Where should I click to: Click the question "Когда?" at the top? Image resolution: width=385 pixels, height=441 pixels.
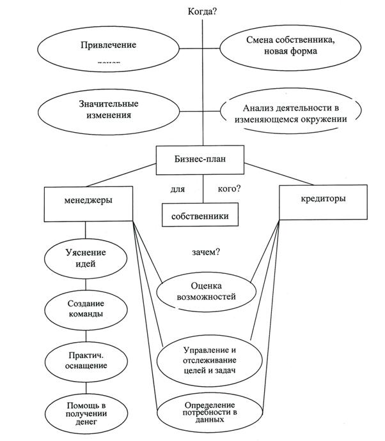[203, 11]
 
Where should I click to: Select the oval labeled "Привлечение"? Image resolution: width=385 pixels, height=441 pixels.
[100, 49]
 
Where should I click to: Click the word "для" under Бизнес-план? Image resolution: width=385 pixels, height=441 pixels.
[177, 190]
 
